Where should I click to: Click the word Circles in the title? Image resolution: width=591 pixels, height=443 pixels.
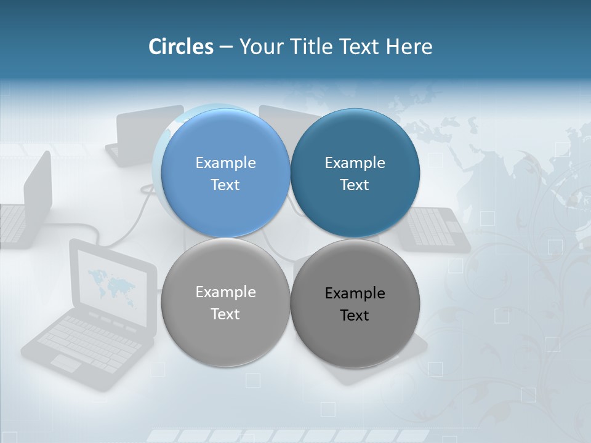click(x=180, y=47)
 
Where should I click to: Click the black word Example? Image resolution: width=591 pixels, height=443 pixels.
click(x=355, y=293)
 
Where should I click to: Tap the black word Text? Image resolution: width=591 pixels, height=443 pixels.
click(x=355, y=315)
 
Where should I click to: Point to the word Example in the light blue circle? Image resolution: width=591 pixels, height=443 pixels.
click(x=225, y=162)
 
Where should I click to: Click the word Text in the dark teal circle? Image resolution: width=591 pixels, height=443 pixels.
click(x=355, y=185)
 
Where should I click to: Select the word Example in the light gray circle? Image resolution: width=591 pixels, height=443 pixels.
click(x=225, y=292)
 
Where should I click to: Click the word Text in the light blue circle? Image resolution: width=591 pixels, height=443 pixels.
click(x=225, y=185)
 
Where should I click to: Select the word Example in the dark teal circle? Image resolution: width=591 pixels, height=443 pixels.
click(x=355, y=162)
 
